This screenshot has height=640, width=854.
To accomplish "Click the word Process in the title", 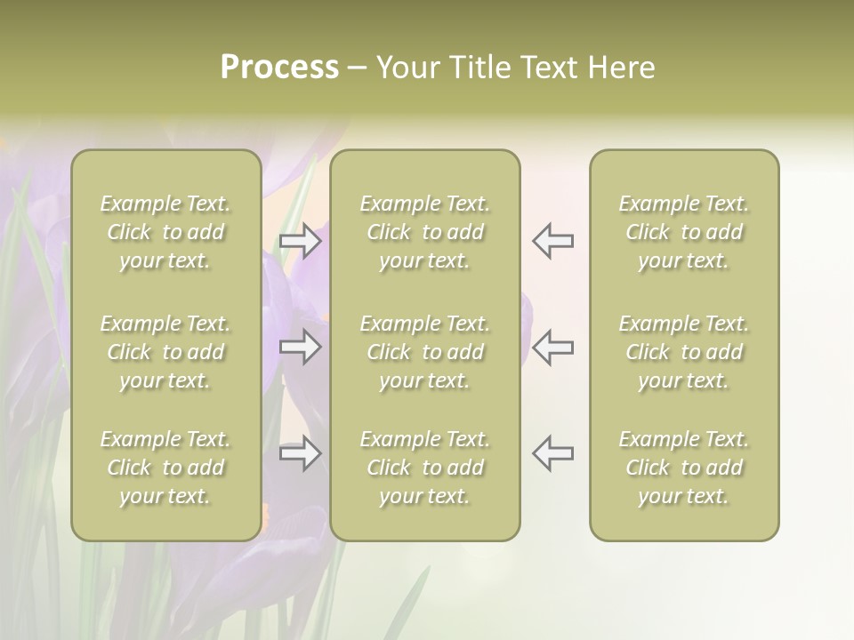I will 279,68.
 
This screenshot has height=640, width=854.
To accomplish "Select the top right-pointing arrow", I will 300,241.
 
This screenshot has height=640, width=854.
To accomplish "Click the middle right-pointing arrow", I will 300,347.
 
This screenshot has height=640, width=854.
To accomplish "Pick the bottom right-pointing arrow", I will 300,453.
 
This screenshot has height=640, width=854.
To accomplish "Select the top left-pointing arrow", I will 552,241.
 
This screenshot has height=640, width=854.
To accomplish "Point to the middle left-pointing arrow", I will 552,347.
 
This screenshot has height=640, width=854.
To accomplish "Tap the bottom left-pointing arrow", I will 552,453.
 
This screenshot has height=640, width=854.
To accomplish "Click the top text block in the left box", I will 165,232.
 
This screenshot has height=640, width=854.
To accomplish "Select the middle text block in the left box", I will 165,352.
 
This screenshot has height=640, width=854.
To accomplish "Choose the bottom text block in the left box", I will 165,468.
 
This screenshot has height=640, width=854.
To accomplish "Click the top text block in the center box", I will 425,232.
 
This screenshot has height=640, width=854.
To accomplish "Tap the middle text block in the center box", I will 425,352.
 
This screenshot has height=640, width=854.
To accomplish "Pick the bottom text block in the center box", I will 425,468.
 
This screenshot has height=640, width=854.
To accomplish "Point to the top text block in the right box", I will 684,232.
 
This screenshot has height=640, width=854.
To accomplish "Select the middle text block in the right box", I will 684,352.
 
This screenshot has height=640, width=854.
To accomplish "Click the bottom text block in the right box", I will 684,468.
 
